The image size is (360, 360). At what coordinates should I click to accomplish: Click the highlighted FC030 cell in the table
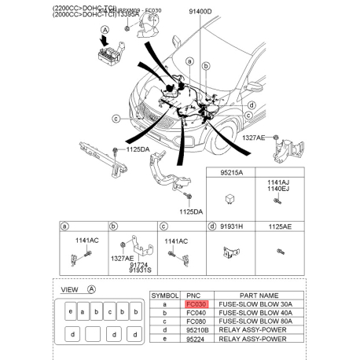pos(196,303)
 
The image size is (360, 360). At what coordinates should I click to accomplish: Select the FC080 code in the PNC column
pos(196,322)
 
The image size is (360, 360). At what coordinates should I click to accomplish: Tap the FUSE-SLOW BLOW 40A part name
pos(259,313)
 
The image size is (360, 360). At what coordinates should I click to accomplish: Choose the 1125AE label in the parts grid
pos(280,226)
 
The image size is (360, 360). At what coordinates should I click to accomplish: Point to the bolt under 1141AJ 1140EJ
pos(278,201)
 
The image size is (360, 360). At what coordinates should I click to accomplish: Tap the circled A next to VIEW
pos(91,289)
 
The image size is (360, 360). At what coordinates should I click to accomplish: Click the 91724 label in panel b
pos(139,266)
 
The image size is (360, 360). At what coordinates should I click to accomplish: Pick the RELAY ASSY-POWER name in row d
pos(259,332)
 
